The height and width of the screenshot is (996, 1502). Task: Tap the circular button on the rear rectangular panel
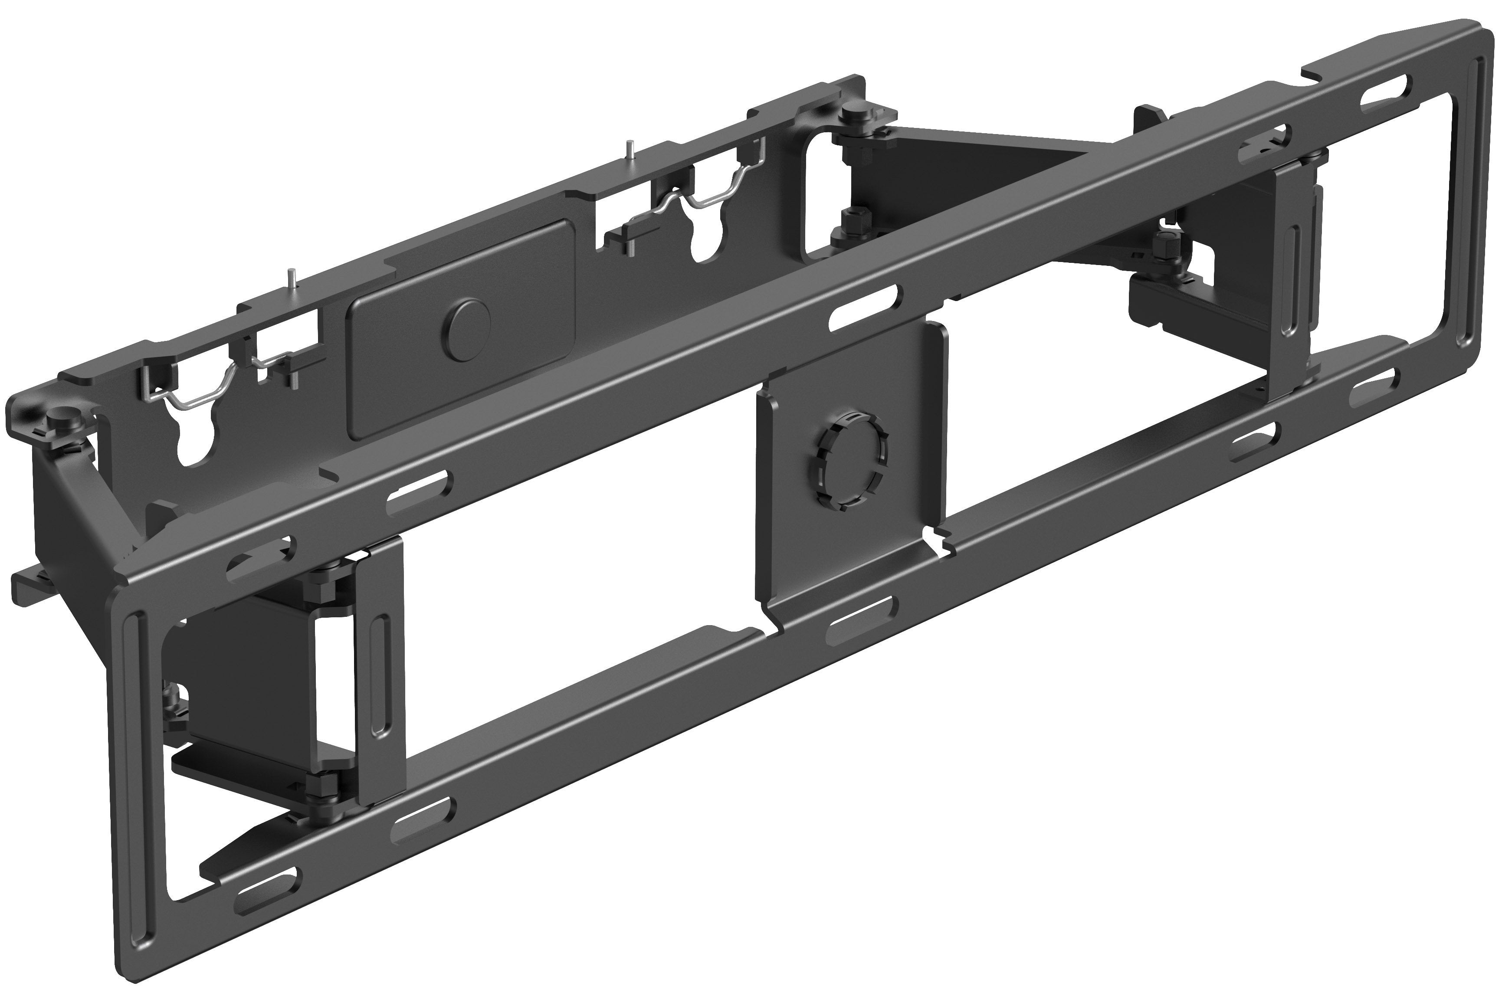click(468, 322)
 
